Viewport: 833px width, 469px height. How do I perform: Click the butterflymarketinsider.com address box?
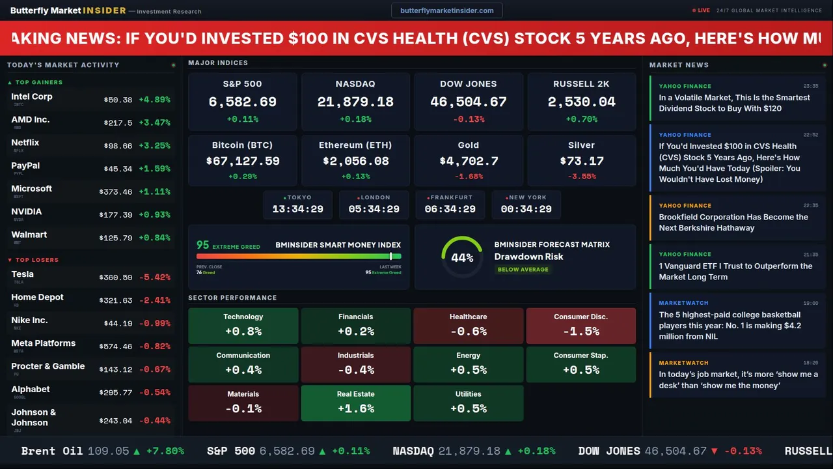click(446, 10)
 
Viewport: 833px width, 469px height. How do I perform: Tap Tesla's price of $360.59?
click(117, 277)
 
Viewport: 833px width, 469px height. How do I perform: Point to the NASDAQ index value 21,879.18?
click(355, 102)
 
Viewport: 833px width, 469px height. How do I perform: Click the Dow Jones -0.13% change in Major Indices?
click(469, 119)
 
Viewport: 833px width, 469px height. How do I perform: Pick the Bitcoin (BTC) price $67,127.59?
click(243, 161)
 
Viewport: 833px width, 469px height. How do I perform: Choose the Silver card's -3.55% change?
click(581, 177)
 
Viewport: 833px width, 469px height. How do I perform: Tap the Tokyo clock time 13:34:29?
click(298, 209)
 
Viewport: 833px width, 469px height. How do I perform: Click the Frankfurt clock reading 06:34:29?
click(450, 209)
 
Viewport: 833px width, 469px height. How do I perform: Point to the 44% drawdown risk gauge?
click(462, 257)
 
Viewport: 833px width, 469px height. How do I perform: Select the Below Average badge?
click(523, 269)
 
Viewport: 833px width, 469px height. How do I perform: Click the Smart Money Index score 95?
click(203, 245)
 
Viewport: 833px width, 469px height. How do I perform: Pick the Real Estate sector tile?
click(355, 403)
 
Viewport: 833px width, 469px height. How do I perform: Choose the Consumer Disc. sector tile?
click(580, 326)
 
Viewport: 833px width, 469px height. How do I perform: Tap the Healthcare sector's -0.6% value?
click(468, 331)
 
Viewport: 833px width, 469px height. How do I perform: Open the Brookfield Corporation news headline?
click(733, 222)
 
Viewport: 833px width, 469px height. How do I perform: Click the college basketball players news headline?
click(730, 325)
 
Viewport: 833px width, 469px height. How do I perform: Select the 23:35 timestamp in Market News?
click(810, 86)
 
